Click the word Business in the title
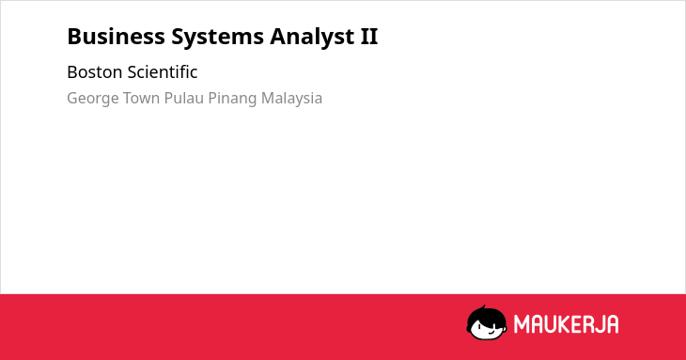[x=116, y=37]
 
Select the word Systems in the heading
[x=217, y=38]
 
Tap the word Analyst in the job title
[x=312, y=38]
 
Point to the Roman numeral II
[x=369, y=37]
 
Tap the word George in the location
[x=93, y=99]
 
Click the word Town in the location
[x=141, y=98]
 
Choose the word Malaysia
[x=292, y=99]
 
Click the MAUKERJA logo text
[x=566, y=324]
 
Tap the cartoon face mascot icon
[x=487, y=323]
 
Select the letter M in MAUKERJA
[x=522, y=324]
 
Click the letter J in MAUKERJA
[x=597, y=324]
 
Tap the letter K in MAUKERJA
[x=557, y=324]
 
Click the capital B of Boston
[x=72, y=72]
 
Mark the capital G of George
[x=73, y=98]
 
